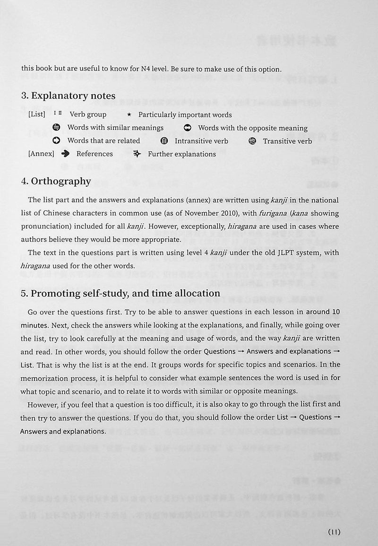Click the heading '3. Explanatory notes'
pos(69,96)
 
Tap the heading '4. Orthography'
pos(56,181)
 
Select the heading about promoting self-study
pos(120,293)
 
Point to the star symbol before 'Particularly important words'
pos(129,115)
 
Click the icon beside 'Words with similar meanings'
pos(57,128)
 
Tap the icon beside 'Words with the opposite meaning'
pos(188,128)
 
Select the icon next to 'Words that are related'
pos(57,141)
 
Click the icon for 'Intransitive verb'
pos(164,141)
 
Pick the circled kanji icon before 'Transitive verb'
pos(252,141)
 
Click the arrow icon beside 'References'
pos(66,154)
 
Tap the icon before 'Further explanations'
pos(137,154)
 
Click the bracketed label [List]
pos(36,114)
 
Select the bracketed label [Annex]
pos(41,154)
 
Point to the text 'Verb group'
pos(88,114)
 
